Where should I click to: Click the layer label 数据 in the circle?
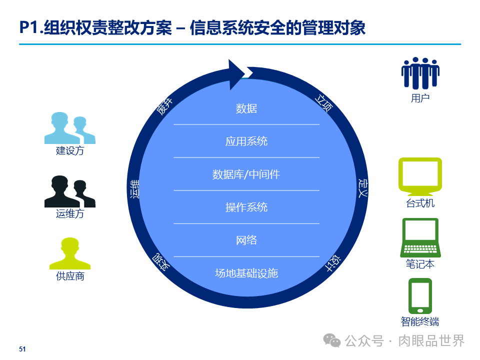[x=246, y=108]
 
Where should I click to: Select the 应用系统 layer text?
[x=246, y=141]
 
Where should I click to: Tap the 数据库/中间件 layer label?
[x=246, y=174]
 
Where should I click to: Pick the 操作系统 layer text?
[x=246, y=207]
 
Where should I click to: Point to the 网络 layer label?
[x=246, y=240]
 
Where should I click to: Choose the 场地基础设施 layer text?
[x=246, y=273]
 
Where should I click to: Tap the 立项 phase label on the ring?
[x=323, y=102]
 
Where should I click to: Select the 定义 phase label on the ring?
[x=362, y=187]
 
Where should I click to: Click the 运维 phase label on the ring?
[x=134, y=189]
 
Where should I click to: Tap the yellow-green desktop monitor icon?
[x=420, y=176]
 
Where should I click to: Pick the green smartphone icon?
[x=420, y=295]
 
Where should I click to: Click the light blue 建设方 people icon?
[x=69, y=128]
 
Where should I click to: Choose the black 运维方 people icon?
[x=69, y=191]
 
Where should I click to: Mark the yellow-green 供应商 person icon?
[x=70, y=253]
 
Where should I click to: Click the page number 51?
[x=22, y=349]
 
